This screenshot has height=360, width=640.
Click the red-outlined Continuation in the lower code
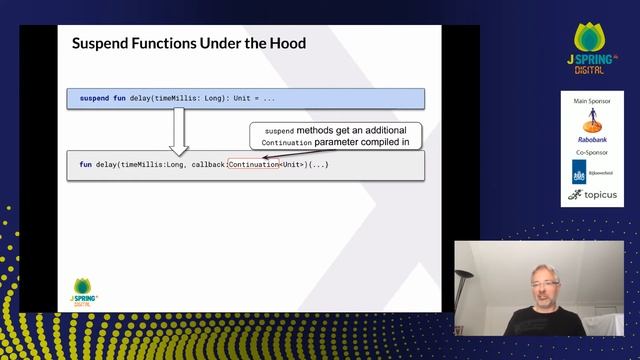[x=253, y=164]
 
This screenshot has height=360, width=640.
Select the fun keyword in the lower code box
[x=86, y=164]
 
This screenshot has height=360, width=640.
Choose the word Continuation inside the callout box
[x=286, y=143]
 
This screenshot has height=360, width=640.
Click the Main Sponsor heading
[x=592, y=102]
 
